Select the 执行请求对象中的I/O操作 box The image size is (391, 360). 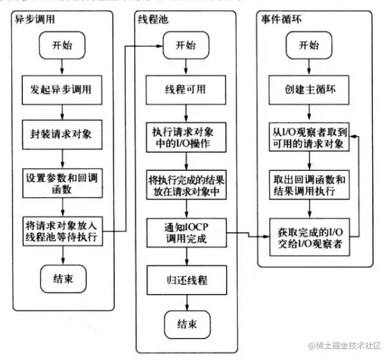coord(186,136)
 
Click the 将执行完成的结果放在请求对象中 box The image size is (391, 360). coord(186,185)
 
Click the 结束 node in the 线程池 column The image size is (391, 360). coord(186,322)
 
